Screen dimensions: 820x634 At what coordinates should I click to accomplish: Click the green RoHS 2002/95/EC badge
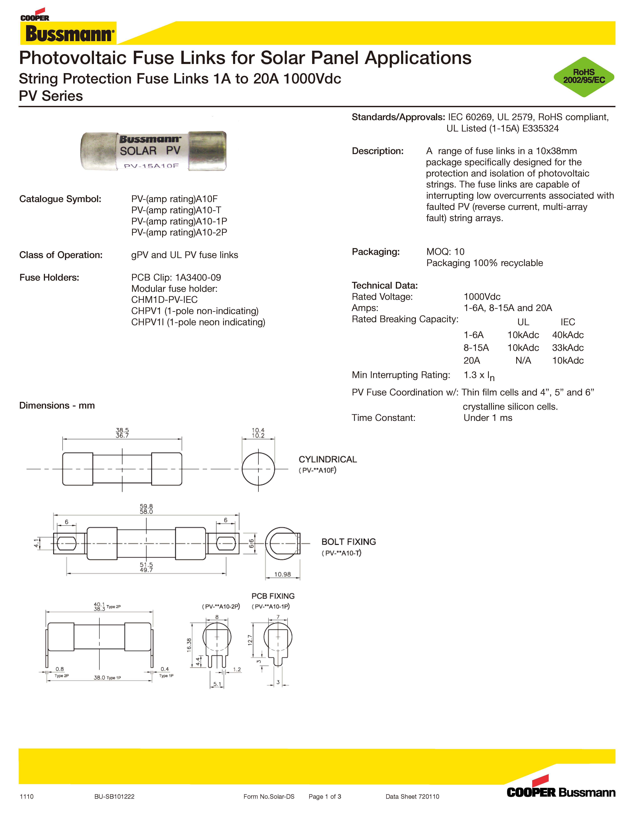(x=584, y=77)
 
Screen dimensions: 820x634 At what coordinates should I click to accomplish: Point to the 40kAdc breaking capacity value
(x=568, y=335)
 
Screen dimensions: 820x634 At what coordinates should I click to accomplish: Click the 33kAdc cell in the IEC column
(x=568, y=348)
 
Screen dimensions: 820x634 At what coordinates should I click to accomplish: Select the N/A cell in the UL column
(x=523, y=360)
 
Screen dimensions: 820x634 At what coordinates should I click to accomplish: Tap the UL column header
(x=523, y=322)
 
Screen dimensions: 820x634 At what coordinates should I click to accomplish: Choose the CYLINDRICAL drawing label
(x=327, y=459)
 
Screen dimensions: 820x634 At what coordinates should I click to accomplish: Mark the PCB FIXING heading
(x=273, y=596)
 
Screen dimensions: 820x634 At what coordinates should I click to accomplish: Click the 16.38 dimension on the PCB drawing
(x=189, y=645)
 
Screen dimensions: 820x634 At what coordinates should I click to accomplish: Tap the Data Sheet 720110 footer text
(x=412, y=796)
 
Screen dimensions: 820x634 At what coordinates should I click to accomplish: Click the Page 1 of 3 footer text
(x=324, y=796)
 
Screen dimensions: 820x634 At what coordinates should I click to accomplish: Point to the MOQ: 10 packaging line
(x=445, y=252)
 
